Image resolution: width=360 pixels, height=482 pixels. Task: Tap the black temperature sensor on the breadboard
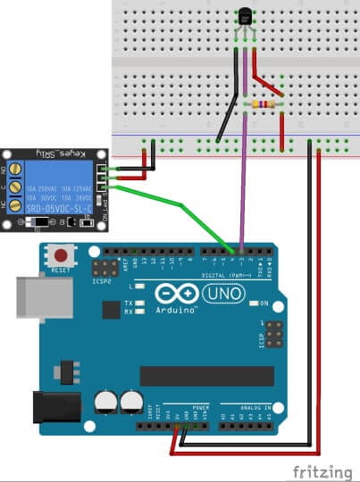[246, 15]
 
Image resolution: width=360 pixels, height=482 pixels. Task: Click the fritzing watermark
[323, 470]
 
